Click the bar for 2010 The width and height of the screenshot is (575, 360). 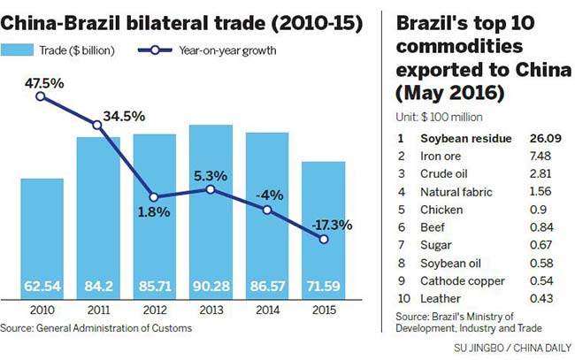41,239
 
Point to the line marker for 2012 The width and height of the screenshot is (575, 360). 155,197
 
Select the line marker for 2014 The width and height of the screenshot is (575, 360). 267,210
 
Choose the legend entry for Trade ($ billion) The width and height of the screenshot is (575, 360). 62,50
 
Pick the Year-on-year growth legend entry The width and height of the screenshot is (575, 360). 207,50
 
